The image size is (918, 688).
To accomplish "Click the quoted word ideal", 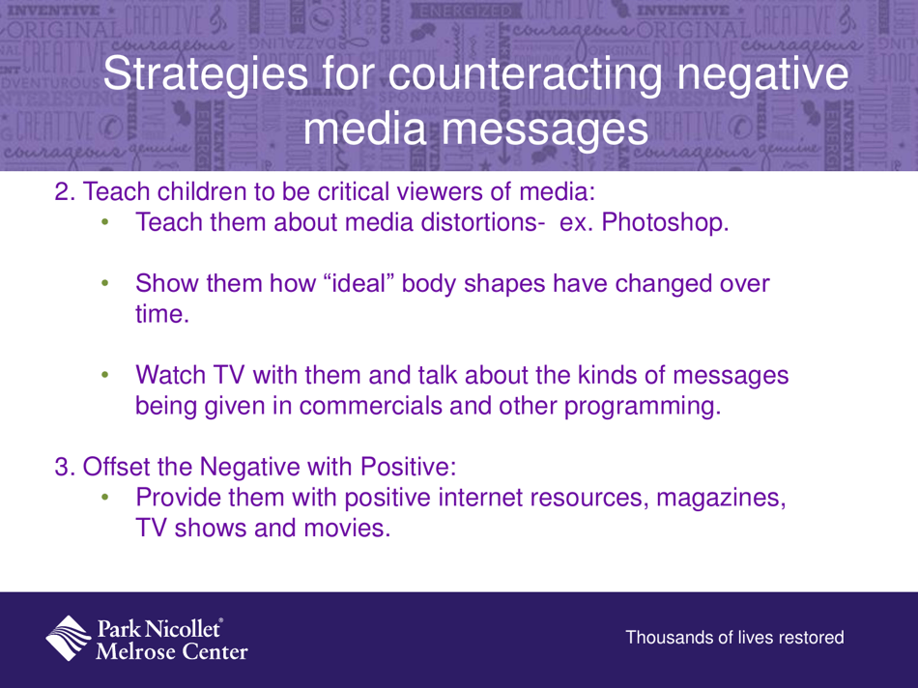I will click(306, 286).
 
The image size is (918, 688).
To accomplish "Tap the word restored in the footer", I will click(809, 638).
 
